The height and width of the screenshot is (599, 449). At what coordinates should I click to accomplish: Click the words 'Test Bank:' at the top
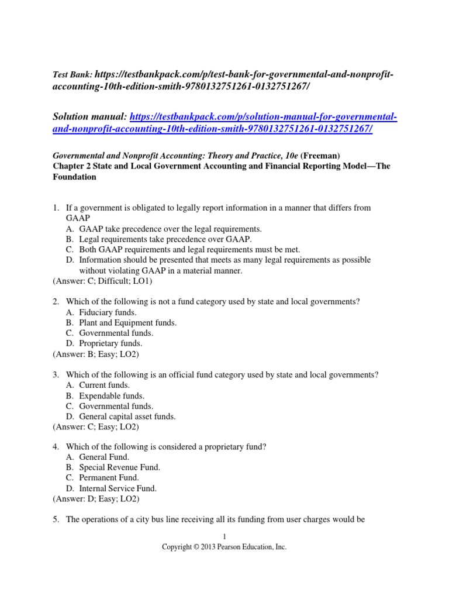(x=72, y=75)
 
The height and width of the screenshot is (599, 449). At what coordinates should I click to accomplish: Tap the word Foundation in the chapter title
(x=74, y=177)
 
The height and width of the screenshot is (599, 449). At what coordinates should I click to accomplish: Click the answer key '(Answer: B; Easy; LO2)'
(x=96, y=354)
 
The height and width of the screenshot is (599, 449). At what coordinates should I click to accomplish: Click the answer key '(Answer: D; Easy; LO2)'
(x=96, y=499)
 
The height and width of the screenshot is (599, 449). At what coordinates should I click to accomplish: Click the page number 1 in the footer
(x=224, y=537)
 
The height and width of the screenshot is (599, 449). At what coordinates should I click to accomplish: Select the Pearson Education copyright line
(x=224, y=548)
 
